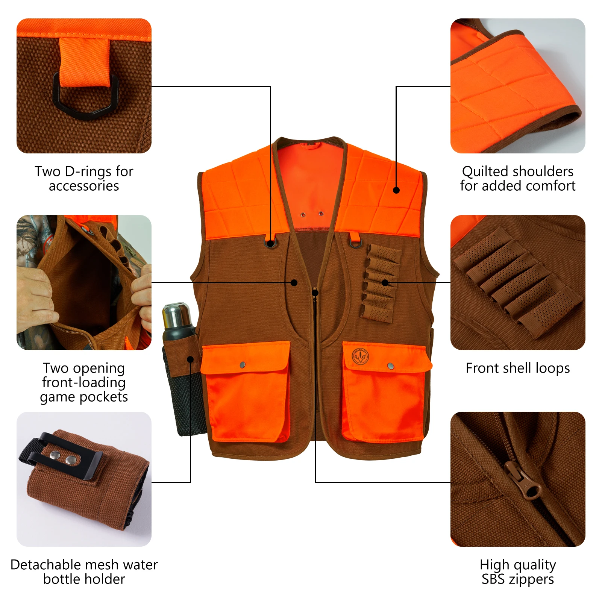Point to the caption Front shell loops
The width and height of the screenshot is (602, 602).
(x=517, y=368)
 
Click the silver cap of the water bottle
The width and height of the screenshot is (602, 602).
(x=176, y=315)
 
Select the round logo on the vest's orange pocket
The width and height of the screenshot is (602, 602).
(x=360, y=356)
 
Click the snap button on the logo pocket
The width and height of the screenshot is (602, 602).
(x=390, y=366)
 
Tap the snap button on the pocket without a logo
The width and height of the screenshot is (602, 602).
(x=243, y=364)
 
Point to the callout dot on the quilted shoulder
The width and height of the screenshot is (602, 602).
(x=396, y=190)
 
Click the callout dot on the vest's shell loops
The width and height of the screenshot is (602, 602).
(x=385, y=282)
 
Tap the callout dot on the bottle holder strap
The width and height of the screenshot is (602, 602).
(x=190, y=359)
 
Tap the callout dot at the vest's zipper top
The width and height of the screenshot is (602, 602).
(x=315, y=293)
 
